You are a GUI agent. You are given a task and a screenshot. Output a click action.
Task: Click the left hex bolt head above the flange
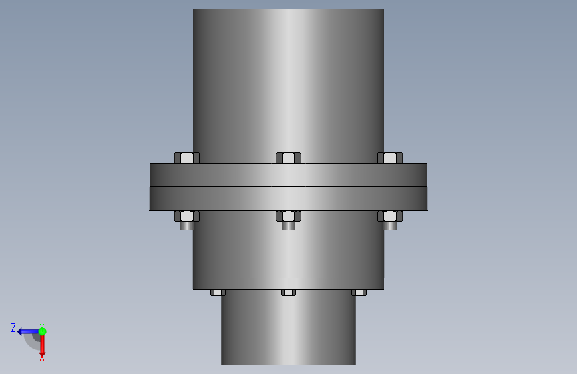tap(187, 158)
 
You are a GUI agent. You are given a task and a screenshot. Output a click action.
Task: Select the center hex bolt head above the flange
tap(289, 158)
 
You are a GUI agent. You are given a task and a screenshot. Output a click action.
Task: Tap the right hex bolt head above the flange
tap(390, 158)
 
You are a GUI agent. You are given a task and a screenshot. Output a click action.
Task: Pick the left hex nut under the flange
tap(187, 216)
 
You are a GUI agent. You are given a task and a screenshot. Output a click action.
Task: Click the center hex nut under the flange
tap(289, 216)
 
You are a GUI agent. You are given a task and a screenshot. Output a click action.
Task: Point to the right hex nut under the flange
tap(390, 216)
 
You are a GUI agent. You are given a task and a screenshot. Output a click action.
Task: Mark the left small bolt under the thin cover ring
tap(218, 293)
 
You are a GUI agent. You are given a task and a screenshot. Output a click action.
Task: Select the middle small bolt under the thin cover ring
tap(289, 293)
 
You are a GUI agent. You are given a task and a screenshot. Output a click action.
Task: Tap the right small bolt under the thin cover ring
tap(359, 293)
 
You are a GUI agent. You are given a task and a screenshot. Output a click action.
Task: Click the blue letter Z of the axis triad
tap(13, 327)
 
